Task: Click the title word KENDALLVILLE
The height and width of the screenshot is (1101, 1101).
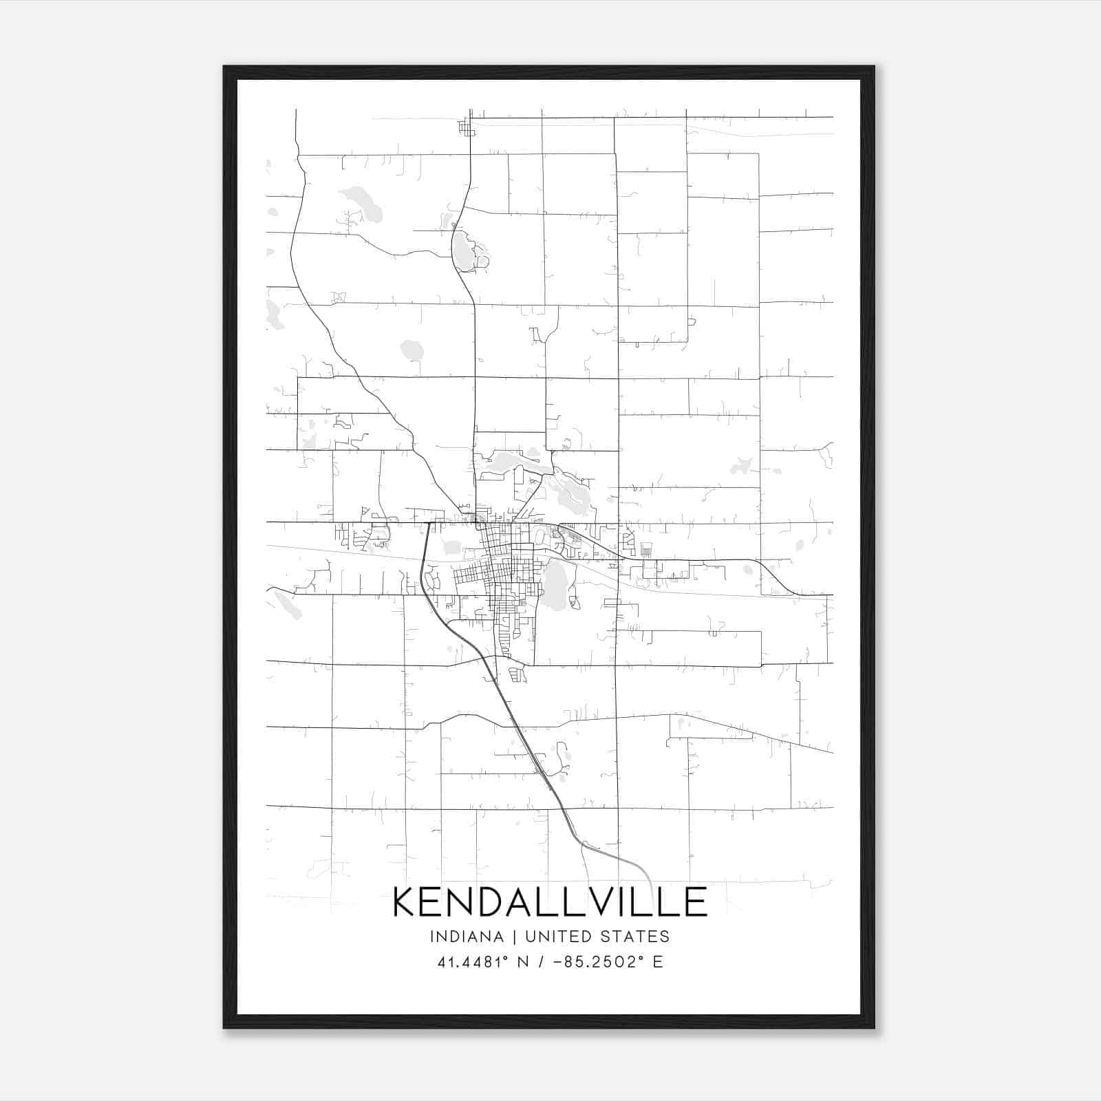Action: tap(550, 901)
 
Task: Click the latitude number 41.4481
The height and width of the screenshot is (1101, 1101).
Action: tap(467, 962)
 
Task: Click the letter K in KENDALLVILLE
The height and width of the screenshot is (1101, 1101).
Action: tap(407, 901)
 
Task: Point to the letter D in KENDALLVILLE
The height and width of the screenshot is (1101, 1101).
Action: tap(498, 901)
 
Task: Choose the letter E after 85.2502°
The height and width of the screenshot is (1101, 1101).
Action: tap(658, 962)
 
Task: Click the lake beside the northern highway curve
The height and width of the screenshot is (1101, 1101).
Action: tap(462, 251)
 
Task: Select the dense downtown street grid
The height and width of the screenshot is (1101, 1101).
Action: tap(502, 571)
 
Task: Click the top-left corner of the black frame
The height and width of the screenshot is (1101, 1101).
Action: tap(224, 67)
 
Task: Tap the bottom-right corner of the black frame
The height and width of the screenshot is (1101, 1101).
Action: tap(873, 1027)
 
